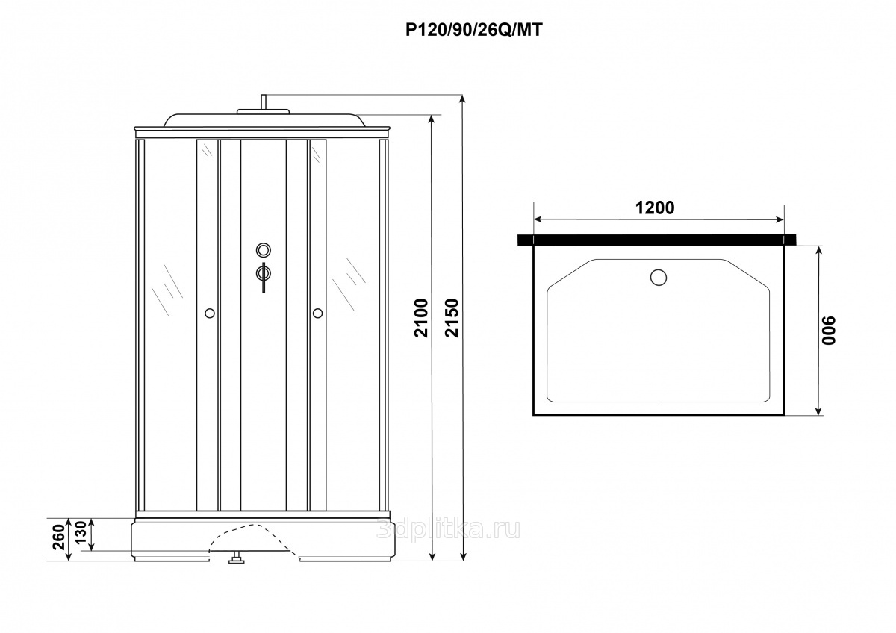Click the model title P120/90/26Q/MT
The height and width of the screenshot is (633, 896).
click(474, 30)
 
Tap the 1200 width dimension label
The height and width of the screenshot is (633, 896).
click(655, 208)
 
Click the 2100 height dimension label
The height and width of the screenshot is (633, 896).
click(421, 318)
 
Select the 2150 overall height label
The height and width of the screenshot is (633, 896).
click(452, 318)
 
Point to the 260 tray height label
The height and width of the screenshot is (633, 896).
click(59, 537)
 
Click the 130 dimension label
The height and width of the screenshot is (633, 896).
click(81, 532)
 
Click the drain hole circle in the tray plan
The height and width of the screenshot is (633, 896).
click(659, 277)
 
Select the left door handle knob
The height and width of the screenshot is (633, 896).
click(210, 313)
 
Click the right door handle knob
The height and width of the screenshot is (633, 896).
click(318, 313)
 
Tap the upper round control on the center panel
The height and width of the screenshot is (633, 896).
click(264, 250)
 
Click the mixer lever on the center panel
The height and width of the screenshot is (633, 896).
click(264, 276)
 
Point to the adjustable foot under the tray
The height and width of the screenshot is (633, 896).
click(237, 558)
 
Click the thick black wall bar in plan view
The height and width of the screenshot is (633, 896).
click(657, 240)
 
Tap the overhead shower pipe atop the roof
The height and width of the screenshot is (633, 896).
click(264, 102)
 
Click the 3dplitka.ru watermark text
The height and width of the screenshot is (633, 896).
click(449, 529)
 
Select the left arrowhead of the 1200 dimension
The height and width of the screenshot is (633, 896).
click(538, 219)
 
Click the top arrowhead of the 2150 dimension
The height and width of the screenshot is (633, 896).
click(463, 99)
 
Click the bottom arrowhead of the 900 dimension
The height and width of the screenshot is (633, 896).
click(819, 411)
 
